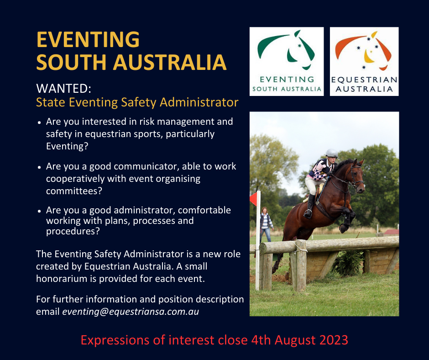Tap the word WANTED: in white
point(63,89)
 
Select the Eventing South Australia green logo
point(287,61)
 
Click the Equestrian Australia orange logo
point(364,61)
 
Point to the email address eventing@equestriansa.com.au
point(131,312)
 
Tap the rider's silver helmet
point(332,153)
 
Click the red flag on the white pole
point(254,199)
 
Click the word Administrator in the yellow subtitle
point(199,102)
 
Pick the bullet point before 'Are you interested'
point(40,122)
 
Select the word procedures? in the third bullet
point(73,232)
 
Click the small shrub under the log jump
point(347,263)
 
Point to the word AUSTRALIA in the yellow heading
point(170,63)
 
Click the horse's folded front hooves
point(346,222)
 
